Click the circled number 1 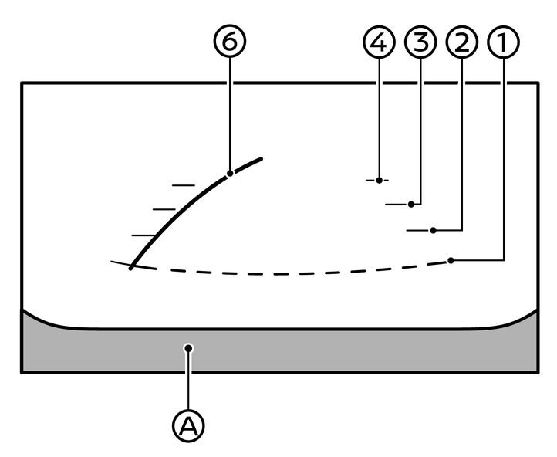[x=502, y=44]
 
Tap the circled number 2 [x=461, y=44]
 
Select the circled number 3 [x=420, y=44]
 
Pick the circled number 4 [x=378, y=44]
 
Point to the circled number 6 [x=229, y=44]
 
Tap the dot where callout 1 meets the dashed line [x=450, y=261]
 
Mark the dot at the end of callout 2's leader [x=434, y=230]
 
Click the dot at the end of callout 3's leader [x=412, y=205]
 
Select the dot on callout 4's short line [x=378, y=180]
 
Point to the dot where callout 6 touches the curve [x=230, y=174]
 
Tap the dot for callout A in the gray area [x=188, y=348]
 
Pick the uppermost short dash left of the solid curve [x=183, y=185]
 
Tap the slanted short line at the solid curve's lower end [x=121, y=264]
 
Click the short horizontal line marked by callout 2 [x=418, y=230]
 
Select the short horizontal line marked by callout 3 [x=397, y=205]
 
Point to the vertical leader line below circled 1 [x=502, y=154]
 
